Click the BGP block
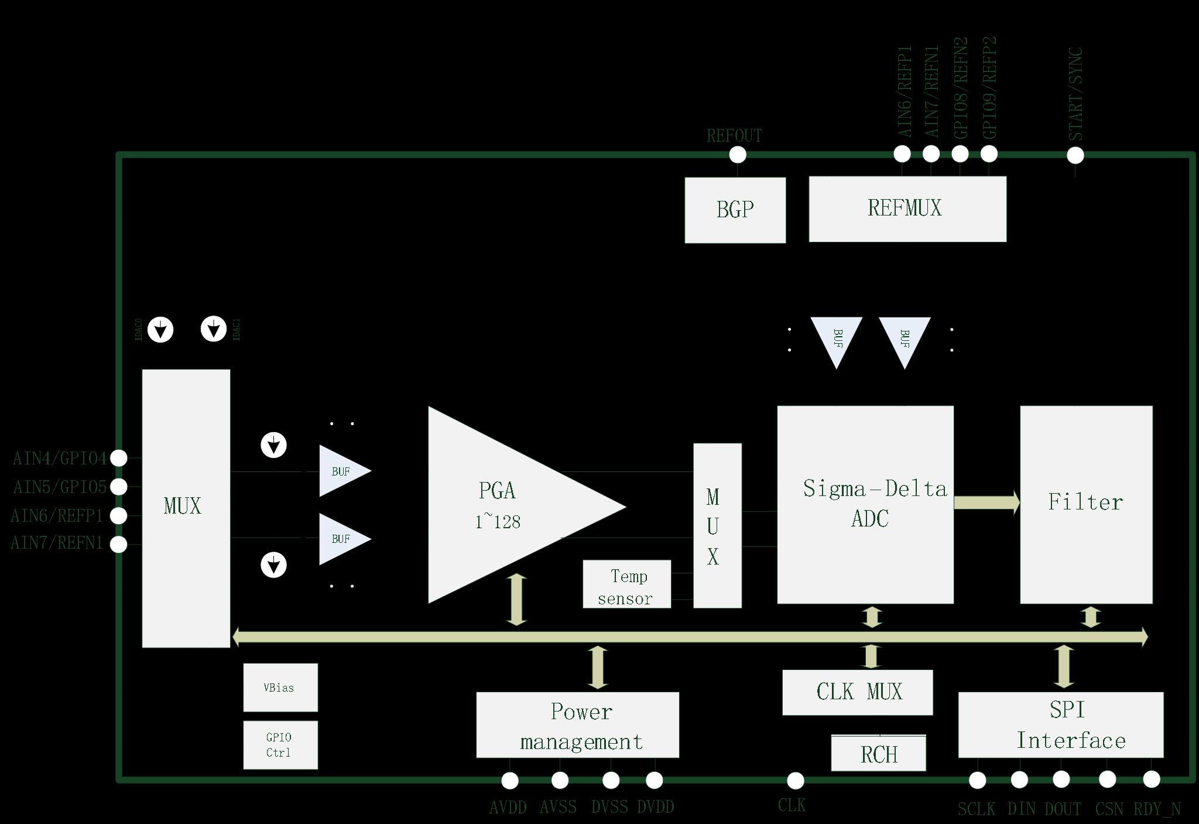tap(735, 210)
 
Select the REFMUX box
tap(907, 208)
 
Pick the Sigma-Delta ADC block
tap(865, 504)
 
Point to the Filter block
tap(1086, 504)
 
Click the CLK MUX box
tap(857, 692)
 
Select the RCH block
tap(878, 753)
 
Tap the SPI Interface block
tap(1060, 724)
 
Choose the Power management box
tap(577, 724)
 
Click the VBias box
tap(280, 687)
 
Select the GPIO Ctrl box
tap(280, 744)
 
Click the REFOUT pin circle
tap(738, 155)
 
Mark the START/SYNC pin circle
tap(1075, 155)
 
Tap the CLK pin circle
tap(795, 780)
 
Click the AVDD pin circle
tap(510, 780)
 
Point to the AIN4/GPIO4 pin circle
tap(119, 458)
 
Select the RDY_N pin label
tap(1157, 809)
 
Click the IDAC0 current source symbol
tap(160, 329)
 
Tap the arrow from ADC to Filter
tap(986, 502)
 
